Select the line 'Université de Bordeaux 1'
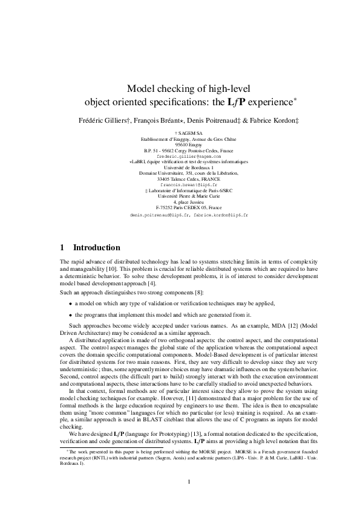pyautogui.click(x=180, y=166)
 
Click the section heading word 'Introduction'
pyautogui.click(x=97, y=248)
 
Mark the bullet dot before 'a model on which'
pyautogui.click(x=70, y=303)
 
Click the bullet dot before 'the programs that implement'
pyautogui.click(x=70, y=314)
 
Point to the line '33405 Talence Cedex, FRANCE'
pyautogui.click(x=180, y=178)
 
